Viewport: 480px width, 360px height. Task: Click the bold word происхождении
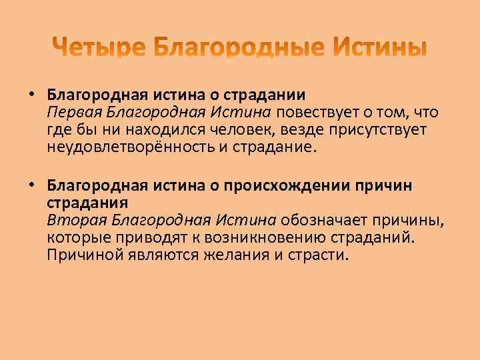[x=287, y=185]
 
